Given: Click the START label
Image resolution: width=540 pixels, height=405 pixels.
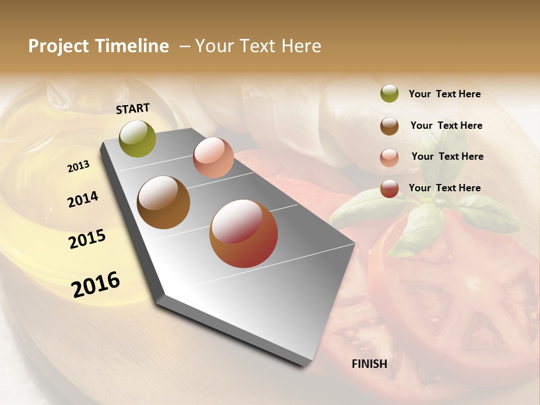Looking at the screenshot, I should click(133, 109).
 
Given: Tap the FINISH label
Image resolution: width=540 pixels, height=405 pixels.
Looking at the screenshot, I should click(369, 364).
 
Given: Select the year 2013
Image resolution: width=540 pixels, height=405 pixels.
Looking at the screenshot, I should click(78, 166).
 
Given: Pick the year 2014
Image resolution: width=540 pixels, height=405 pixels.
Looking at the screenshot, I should click(83, 200).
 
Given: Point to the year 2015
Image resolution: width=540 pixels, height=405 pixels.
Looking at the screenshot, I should click(87, 239).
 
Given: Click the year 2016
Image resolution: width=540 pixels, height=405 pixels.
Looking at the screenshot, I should click(96, 285).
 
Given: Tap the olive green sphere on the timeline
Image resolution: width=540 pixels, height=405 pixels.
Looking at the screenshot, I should click(137, 138).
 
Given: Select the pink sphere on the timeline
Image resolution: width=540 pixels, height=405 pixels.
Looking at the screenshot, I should click(213, 157).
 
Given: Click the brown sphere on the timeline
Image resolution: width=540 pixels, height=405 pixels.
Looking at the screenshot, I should click(163, 202).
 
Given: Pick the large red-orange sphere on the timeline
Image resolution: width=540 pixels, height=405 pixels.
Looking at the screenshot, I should click(244, 233).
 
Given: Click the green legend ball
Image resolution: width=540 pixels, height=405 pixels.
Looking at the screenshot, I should click(389, 93).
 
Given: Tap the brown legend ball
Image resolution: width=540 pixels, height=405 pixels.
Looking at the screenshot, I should click(389, 126).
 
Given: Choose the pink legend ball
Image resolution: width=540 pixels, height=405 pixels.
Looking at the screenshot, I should click(389, 157).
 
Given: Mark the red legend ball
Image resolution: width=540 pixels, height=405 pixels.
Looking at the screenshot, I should click(389, 188).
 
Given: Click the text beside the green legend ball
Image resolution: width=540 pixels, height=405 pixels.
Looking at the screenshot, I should click(444, 94).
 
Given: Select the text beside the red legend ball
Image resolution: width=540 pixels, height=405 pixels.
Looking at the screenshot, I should click(444, 188).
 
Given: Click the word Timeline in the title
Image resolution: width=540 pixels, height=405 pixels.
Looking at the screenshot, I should click(132, 46).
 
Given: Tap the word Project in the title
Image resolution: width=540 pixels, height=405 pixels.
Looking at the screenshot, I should click(58, 46).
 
